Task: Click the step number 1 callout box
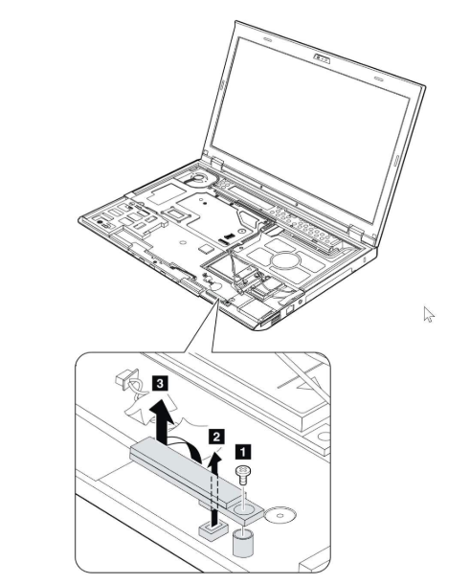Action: [243, 453]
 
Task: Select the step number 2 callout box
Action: [216, 437]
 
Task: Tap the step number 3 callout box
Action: [160, 383]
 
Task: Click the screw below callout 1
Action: [243, 475]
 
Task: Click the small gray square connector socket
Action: [213, 529]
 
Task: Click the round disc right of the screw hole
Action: [280, 516]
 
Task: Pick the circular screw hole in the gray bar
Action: [243, 506]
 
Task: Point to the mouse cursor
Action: [428, 314]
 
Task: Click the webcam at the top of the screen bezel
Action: [322, 58]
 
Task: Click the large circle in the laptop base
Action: [285, 259]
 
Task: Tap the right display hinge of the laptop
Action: [357, 233]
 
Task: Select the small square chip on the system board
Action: [205, 248]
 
